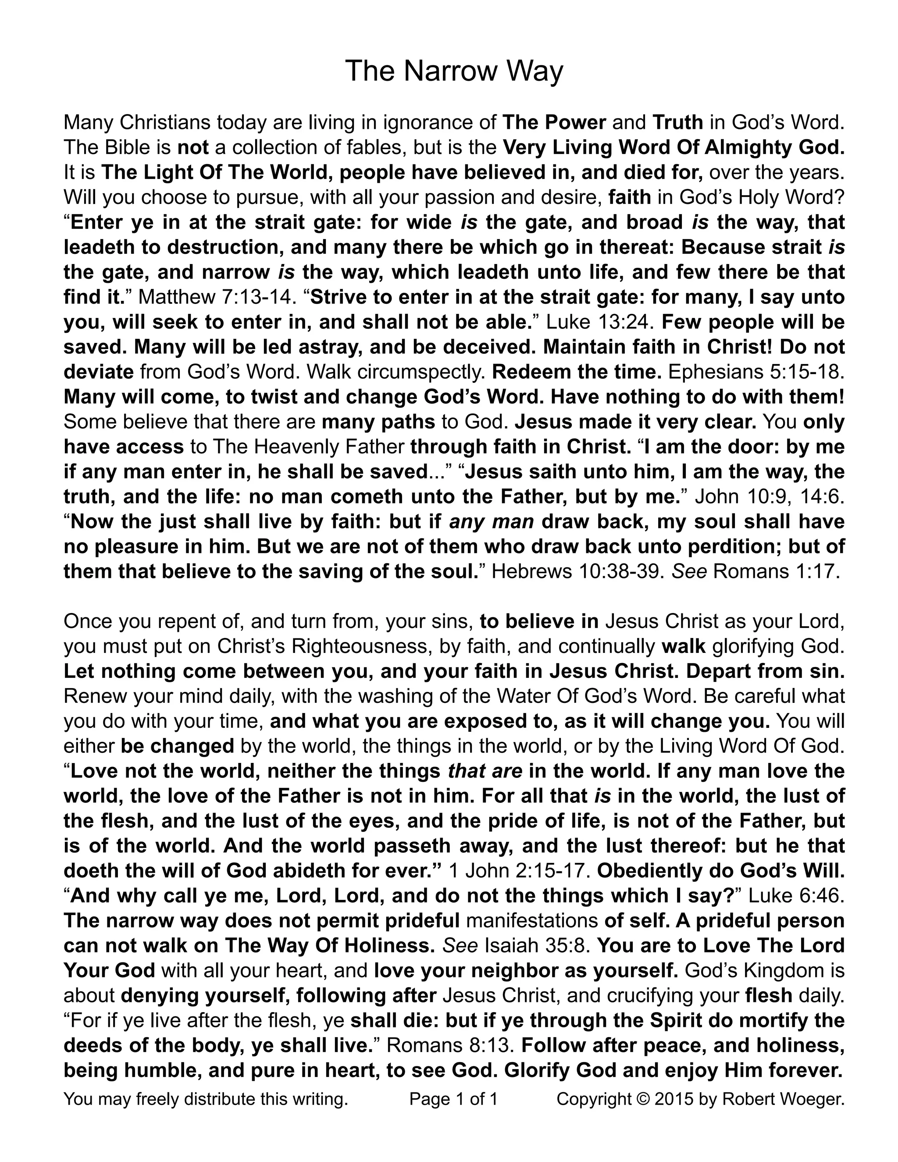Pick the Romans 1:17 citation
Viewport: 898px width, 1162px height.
pos(776,571)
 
